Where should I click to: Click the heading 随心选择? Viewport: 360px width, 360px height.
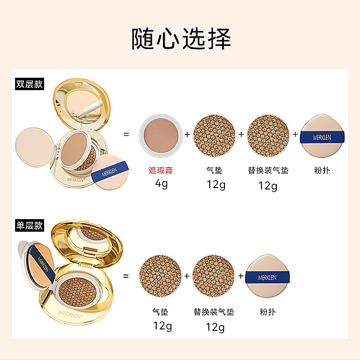tap(181, 39)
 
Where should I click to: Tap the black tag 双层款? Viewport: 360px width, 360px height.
tap(29, 84)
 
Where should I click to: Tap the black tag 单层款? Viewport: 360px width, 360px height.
tap(29, 225)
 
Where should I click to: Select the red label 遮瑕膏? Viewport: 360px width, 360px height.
tap(161, 171)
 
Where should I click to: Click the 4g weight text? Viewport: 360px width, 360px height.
tap(161, 184)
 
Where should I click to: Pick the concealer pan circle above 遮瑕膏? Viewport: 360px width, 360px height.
tap(161, 135)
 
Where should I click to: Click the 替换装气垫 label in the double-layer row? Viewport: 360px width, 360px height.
tap(268, 171)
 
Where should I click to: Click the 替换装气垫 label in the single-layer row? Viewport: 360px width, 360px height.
tap(214, 312)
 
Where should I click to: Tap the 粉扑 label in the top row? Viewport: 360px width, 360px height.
tap(322, 171)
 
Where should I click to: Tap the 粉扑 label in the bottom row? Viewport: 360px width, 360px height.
tap(268, 312)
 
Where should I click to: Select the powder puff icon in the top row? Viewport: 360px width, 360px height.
tap(322, 135)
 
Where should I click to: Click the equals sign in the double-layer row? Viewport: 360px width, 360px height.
tap(126, 134)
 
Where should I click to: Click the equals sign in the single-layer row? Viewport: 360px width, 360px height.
tap(126, 275)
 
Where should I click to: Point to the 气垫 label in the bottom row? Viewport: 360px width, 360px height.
tap(161, 312)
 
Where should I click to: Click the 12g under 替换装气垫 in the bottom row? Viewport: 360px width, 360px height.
tap(215, 327)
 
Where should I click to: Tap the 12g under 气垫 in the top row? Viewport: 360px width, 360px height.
tap(215, 184)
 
